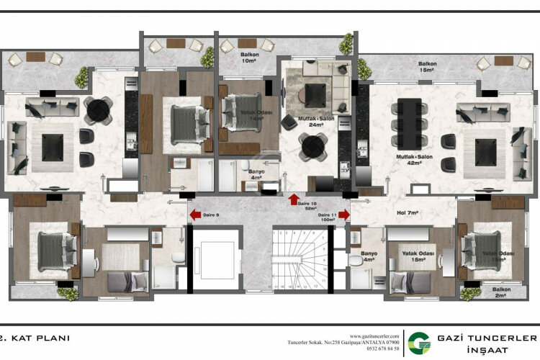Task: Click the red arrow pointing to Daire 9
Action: [x=194, y=214]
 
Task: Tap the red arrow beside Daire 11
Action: [x=344, y=214]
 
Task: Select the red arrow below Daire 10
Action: [x=293, y=198]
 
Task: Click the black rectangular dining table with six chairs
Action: [x=410, y=123]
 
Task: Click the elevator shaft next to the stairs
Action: [x=213, y=260]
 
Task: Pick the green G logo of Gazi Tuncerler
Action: [x=415, y=343]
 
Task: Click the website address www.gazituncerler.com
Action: [x=374, y=336]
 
